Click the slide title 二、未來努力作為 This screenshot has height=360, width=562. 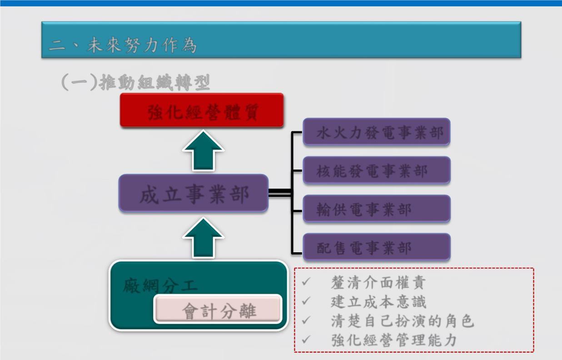pyautogui.click(x=122, y=45)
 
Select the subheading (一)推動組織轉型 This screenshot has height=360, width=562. pyautogui.click(x=135, y=82)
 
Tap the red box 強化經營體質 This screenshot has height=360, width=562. pyautogui.click(x=202, y=110)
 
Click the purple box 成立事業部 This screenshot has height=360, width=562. pyautogui.click(x=194, y=193)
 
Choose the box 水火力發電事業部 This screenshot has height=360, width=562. pyautogui.click(x=376, y=132)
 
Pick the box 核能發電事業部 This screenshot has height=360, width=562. pyautogui.click(x=376, y=170)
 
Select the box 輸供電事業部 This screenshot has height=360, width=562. pyautogui.click(x=376, y=209)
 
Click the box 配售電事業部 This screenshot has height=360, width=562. pyautogui.click(x=376, y=247)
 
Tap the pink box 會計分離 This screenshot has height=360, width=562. pyautogui.click(x=218, y=309)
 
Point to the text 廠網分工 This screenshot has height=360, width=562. pyautogui.click(x=160, y=286)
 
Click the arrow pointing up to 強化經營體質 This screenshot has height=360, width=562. pyautogui.click(x=203, y=150)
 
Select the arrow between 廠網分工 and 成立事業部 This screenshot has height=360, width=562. pyautogui.click(x=203, y=238)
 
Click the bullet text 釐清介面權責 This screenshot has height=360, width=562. pyautogui.click(x=378, y=282)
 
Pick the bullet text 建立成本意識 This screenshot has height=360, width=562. pyautogui.click(x=378, y=301)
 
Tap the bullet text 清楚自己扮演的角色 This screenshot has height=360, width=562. pyautogui.click(x=403, y=321)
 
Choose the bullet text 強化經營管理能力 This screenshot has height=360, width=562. pyautogui.click(x=393, y=340)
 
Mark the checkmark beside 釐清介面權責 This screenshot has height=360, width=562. pyautogui.click(x=306, y=282)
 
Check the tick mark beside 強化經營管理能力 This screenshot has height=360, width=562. pyautogui.click(x=306, y=340)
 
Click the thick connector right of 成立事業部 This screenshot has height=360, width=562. pyautogui.click(x=280, y=192)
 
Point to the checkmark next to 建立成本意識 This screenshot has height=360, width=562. pyautogui.click(x=306, y=301)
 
